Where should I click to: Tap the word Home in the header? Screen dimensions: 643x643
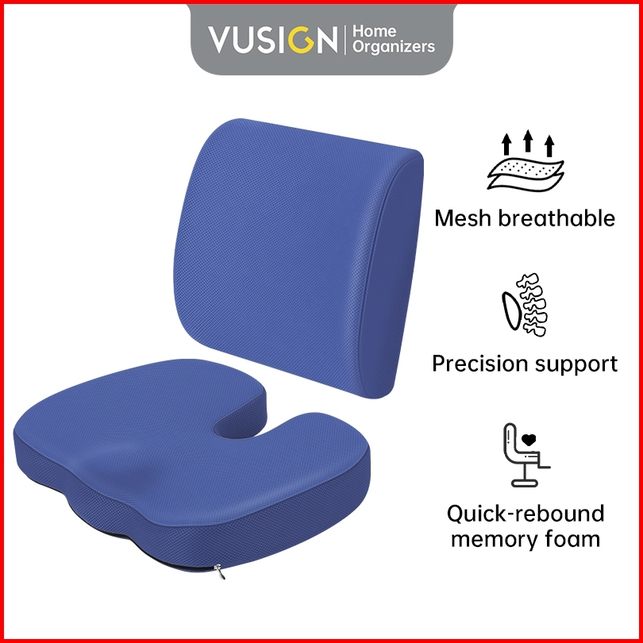[375, 31]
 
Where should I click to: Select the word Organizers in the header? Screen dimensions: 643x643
[394, 47]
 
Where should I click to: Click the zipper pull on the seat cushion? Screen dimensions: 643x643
[220, 572]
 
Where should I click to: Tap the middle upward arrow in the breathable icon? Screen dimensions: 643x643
[528, 141]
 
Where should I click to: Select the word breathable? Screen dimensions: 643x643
[556, 218]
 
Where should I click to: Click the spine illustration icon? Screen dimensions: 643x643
[525, 305]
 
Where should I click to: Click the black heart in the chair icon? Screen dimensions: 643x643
[529, 440]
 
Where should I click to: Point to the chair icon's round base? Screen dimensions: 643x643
[525, 483]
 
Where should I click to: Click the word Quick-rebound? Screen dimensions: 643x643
[526, 514]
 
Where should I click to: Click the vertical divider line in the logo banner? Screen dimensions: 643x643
[345, 40]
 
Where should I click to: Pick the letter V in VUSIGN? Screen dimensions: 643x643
[221, 40]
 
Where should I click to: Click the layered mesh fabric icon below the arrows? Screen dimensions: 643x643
[526, 175]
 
